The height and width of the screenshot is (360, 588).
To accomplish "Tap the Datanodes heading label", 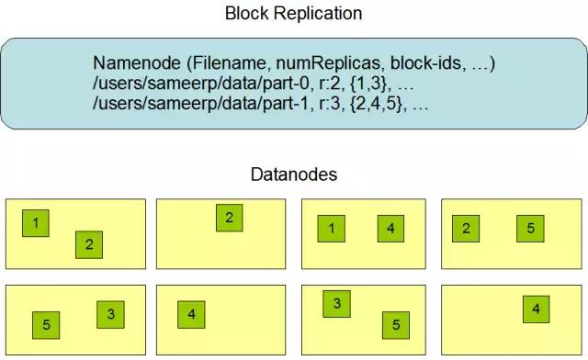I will coord(294,174).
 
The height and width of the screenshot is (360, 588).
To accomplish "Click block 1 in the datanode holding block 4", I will coord(331,228).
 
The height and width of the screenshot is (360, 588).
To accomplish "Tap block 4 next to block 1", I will coord(390,228).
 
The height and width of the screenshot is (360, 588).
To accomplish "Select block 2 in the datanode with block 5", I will coord(467,228).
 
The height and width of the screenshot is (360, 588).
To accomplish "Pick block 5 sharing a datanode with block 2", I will coord(530,228).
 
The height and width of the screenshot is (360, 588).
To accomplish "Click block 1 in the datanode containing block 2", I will coord(36,223).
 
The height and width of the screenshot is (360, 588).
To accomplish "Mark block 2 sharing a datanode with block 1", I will coord(89,244).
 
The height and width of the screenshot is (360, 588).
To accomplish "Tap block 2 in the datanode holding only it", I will coord(230,218).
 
